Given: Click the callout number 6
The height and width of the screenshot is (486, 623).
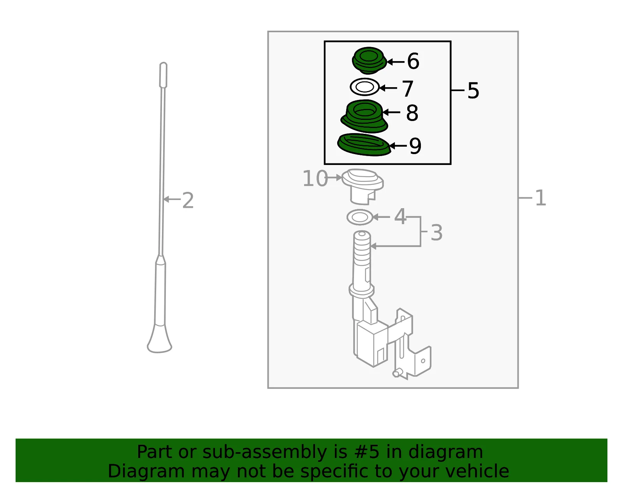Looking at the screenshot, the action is (x=413, y=61).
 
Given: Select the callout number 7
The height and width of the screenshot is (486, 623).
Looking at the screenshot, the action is (x=408, y=88).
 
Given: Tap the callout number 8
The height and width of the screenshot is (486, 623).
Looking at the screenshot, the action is (x=412, y=113).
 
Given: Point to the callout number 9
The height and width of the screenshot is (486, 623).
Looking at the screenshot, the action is (x=415, y=146).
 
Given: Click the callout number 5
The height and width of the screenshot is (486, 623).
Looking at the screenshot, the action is (x=473, y=91).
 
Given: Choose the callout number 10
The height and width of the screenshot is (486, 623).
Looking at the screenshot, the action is (x=315, y=179).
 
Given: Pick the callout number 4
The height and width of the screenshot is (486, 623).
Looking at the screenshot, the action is (x=400, y=216).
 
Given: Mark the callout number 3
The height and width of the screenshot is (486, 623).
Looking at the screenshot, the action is (x=436, y=232).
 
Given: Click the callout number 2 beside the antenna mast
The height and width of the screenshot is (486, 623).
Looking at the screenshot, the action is (x=188, y=200).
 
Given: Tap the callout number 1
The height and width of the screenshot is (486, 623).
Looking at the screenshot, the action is (x=541, y=198).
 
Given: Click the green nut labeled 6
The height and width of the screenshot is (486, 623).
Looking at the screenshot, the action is (x=369, y=60).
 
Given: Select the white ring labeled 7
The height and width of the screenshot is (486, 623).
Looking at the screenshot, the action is (x=365, y=87).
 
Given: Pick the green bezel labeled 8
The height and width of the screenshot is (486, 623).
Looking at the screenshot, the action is (x=364, y=116).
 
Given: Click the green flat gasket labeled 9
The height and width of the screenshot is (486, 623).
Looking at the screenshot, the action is (x=364, y=145).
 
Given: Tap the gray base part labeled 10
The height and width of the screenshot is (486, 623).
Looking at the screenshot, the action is (x=363, y=186).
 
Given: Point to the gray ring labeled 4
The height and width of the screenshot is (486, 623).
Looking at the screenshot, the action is (x=359, y=217).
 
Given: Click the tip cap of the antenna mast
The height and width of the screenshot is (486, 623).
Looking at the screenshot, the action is (x=163, y=75).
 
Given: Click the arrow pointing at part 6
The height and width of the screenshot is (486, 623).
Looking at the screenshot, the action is (x=395, y=61).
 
